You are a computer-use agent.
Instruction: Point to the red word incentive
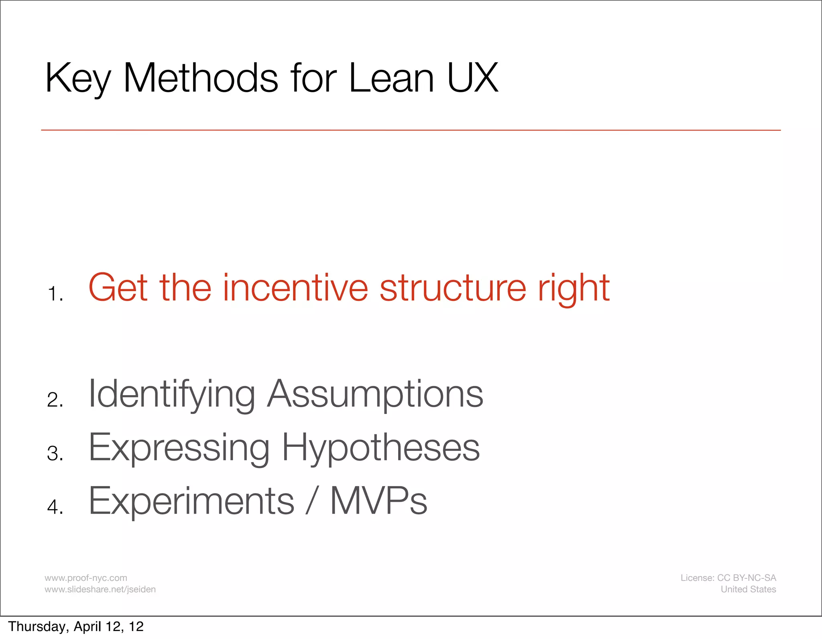295,288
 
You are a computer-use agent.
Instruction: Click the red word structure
453,288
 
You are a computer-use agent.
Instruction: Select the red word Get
118,288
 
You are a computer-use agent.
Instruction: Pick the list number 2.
55,400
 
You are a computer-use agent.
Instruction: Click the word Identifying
171,394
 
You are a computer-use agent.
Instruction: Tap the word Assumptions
375,394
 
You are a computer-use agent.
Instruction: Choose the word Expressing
179,448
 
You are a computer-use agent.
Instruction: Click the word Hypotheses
380,448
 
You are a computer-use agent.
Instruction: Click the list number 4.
55,507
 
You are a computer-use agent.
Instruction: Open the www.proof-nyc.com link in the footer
86,578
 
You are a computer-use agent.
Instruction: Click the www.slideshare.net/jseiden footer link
100,589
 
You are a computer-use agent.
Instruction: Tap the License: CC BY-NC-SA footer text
728,578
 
